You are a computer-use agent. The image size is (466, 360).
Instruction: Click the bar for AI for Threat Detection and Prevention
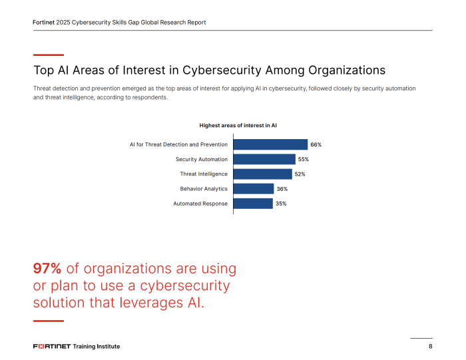pyautogui.click(x=270, y=144)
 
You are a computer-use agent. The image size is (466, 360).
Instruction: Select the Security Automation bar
pyautogui.click(x=264, y=159)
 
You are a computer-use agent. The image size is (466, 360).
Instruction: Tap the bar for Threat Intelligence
pyautogui.click(x=262, y=174)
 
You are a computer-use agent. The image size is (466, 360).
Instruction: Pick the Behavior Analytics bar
pyautogui.click(x=254, y=189)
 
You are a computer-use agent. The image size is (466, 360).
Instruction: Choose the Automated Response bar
pyautogui.click(x=253, y=204)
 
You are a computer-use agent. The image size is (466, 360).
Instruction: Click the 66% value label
pyautogui.click(x=316, y=144)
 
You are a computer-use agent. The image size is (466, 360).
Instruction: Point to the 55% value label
pyautogui.click(x=304, y=159)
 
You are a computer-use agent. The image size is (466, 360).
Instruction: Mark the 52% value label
pyautogui.click(x=300, y=174)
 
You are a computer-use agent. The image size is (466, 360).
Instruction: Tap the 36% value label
pyautogui.click(x=282, y=189)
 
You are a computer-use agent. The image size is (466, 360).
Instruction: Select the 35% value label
pyautogui.click(x=281, y=204)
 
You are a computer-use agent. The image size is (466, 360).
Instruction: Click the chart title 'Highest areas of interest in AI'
pyautogui.click(x=238, y=125)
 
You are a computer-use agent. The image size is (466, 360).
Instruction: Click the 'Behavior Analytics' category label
pyautogui.click(x=204, y=189)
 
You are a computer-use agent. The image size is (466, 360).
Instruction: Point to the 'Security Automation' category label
pyautogui.click(x=202, y=159)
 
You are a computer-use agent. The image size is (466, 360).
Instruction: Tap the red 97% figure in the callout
pyautogui.click(x=47, y=269)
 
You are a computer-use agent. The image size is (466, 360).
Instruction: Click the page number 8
pyautogui.click(x=431, y=347)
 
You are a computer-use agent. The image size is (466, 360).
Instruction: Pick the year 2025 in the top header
pyautogui.click(x=64, y=22)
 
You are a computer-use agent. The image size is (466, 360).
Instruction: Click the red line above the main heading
pyautogui.click(x=49, y=55)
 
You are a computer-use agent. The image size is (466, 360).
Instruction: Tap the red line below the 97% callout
pyautogui.click(x=49, y=321)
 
